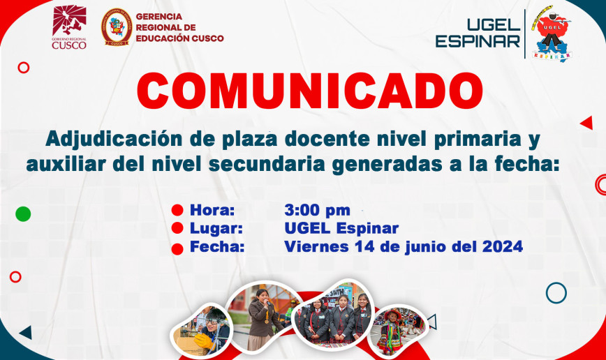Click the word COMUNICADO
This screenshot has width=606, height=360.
click(310, 91)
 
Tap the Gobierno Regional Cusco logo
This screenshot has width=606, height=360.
click(69, 27)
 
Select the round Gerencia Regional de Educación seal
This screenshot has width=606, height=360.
click(117, 27)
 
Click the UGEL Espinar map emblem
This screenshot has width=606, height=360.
click(551, 33)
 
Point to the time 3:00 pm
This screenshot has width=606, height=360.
click(317, 210)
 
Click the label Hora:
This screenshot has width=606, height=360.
click(212, 210)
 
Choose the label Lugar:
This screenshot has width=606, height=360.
click(216, 228)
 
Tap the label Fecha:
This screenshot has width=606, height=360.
click(217, 246)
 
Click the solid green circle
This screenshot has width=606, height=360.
click(23, 213)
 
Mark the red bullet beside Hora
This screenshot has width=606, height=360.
click(177, 210)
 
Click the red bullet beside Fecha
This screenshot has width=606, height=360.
click(177, 249)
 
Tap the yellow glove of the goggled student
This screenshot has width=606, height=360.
click(203, 341)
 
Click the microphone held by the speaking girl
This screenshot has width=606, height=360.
click(267, 303)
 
